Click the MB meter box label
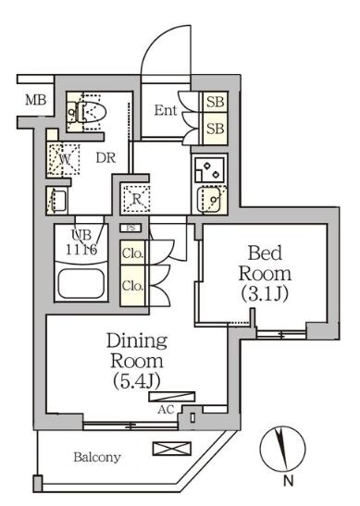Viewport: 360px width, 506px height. coord(35,100)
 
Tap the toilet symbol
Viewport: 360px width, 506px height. coord(86,112)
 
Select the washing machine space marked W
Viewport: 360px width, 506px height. coord(63,159)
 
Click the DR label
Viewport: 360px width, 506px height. coord(106,158)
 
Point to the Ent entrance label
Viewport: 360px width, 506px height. coord(166,110)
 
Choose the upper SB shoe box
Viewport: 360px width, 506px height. coord(215,102)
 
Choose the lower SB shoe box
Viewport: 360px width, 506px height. coord(215,129)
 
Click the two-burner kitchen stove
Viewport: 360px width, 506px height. coord(209,169)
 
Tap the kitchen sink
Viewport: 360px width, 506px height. coord(209,200)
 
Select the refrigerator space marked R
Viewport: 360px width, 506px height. coord(137,199)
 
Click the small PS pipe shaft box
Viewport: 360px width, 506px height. coord(130,228)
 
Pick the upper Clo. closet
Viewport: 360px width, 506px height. coord(132,253)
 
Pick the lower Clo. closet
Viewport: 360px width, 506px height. coord(132,286)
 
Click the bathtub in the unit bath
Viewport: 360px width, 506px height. coord(81,283)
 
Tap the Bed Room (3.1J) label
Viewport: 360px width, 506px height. coord(265,273)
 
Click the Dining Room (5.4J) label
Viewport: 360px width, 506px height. coord(137,360)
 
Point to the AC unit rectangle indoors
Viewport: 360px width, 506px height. coord(172,397)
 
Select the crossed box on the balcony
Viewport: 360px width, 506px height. coord(172,449)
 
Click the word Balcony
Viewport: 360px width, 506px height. coord(97,457)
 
